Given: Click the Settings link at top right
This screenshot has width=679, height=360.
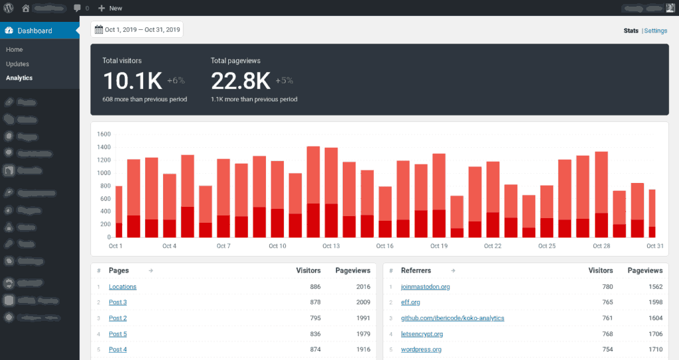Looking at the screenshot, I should pos(656,30).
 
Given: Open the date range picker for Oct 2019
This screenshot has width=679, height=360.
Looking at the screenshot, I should pos(137,29).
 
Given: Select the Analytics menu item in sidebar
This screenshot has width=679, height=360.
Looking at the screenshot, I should pos(19,78).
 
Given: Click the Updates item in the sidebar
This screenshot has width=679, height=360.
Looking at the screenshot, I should pos(17,64).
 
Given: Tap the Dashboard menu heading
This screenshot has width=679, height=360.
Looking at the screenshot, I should pos(34,30).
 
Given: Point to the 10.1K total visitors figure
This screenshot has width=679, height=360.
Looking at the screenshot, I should pos(133,81).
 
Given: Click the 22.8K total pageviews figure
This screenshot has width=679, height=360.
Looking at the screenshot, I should pos(241,81).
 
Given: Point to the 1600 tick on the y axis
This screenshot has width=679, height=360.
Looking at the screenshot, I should pos(103,134).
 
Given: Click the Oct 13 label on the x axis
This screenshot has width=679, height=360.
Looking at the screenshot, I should pos(331,246).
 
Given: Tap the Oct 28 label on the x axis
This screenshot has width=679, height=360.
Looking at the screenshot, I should pos(601,246).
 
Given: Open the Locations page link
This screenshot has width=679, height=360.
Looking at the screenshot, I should pos(123,287).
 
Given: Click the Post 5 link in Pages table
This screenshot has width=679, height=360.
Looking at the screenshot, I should pos(117,334).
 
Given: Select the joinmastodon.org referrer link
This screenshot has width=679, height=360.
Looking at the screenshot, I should pos(425,287).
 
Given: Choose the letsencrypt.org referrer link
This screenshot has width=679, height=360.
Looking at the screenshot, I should pos(422,334).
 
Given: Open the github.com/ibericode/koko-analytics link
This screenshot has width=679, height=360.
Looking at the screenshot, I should pos(452,318).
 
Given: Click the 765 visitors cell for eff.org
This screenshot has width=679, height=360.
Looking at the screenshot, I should pos(603,302).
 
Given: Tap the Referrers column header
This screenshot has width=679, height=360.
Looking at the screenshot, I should pos(416,270).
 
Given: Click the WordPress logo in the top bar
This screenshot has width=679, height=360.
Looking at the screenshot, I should pos(8,8).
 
